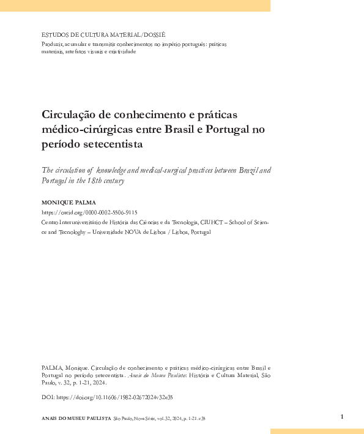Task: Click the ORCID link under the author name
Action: pyautogui.click(x=89, y=212)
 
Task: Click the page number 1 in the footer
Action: pyautogui.click(x=342, y=417)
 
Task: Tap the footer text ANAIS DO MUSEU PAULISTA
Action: pyautogui.click(x=75, y=419)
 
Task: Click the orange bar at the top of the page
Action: pyautogui.click(x=135, y=6)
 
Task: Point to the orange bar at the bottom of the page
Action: pyautogui.click(x=317, y=430)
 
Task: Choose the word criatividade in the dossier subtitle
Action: pyautogui.click(x=122, y=51)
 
